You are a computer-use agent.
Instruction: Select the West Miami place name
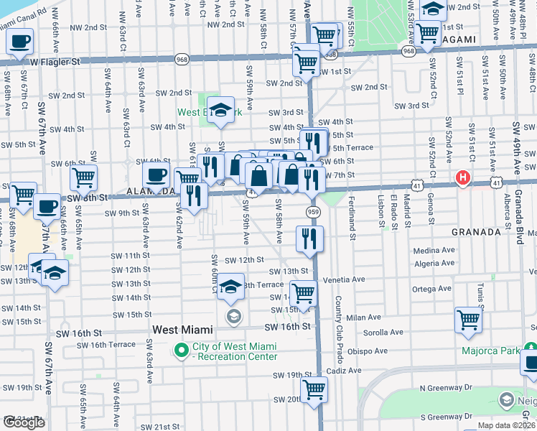(x=182, y=330)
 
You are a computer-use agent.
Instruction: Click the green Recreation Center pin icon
(x=180, y=351)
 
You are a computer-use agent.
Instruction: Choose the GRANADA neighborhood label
(x=475, y=233)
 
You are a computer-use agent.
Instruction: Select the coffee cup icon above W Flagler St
(x=20, y=41)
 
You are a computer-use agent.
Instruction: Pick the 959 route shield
(x=312, y=212)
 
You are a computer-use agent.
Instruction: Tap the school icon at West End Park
(x=221, y=109)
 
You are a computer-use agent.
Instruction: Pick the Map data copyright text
(x=506, y=425)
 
